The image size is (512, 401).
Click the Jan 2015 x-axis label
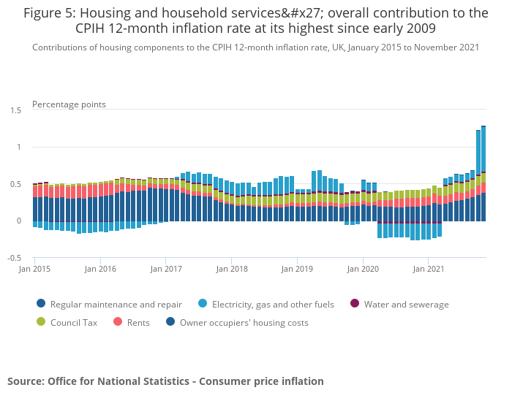34,269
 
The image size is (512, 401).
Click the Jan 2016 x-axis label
100,269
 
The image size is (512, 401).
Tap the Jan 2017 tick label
166,269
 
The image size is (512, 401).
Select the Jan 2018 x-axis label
232,269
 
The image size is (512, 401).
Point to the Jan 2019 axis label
297,269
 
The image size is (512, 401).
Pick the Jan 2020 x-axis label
363,269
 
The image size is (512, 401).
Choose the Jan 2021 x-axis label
429,269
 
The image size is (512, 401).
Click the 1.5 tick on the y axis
15,110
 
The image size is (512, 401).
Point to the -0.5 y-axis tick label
14,259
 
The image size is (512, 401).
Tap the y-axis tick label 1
19,148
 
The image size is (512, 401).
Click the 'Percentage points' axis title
69,104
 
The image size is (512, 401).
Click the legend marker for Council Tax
40,322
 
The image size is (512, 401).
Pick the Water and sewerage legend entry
406,305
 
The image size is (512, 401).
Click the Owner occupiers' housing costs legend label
244,322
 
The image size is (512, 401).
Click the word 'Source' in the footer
26,381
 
